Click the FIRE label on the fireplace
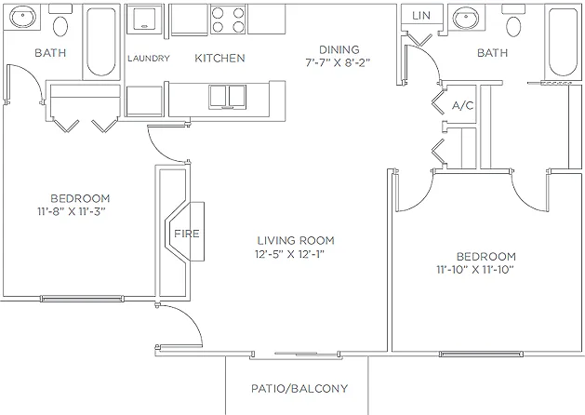(x=187, y=234)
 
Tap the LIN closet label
(x=421, y=15)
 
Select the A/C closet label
(x=462, y=106)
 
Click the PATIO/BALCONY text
(x=299, y=389)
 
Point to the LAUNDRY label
(x=149, y=59)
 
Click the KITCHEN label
(x=219, y=58)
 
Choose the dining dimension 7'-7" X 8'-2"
(x=338, y=62)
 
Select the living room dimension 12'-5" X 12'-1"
(x=289, y=254)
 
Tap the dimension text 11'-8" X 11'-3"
(x=72, y=211)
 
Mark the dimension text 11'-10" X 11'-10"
(x=475, y=270)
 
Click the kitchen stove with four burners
(x=228, y=20)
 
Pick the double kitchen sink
(x=227, y=97)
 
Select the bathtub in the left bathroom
(x=101, y=42)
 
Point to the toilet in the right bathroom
(x=513, y=21)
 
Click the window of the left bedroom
(x=82, y=298)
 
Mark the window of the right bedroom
(x=481, y=354)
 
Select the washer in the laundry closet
(x=144, y=19)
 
